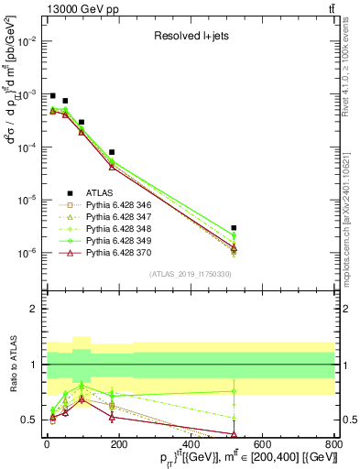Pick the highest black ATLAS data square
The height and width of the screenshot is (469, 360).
click(52, 95)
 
